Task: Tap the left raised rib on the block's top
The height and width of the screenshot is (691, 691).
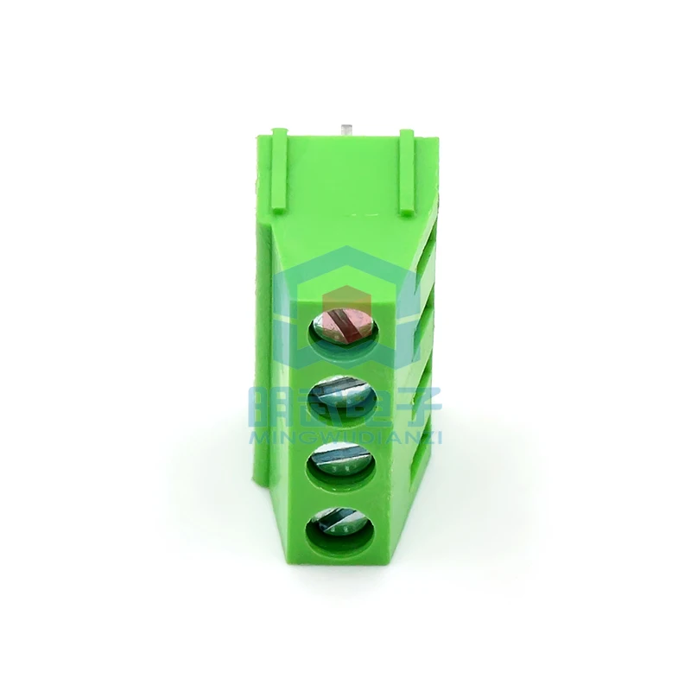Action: point(278,168)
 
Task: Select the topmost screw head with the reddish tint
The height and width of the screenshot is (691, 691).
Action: point(344,326)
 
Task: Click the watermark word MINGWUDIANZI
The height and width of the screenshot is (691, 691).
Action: point(345,439)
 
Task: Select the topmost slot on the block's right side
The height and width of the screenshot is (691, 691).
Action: point(424,258)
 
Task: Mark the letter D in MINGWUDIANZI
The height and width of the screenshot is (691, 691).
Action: point(361,439)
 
